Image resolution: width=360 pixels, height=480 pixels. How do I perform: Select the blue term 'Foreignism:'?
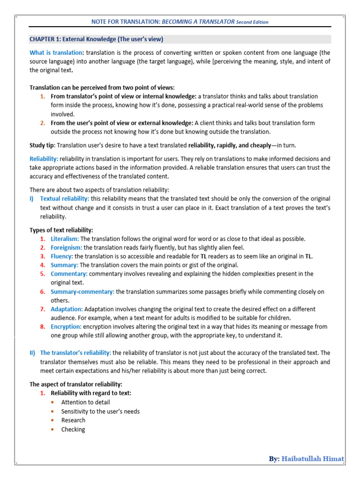(x=66, y=247)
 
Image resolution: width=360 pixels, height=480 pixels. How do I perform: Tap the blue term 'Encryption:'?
(x=66, y=327)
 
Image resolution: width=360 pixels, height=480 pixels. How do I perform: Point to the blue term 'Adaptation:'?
(x=67, y=309)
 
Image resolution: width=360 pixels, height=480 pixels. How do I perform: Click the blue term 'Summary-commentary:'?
(x=82, y=292)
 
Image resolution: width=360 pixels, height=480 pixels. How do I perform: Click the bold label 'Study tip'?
(x=43, y=146)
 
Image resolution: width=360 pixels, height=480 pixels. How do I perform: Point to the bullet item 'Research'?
(x=73, y=420)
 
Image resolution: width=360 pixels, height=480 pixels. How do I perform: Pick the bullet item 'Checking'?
(x=73, y=429)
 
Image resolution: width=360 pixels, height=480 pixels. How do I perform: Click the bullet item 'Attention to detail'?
(x=85, y=402)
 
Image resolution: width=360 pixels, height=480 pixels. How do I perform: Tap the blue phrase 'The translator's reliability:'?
(x=75, y=352)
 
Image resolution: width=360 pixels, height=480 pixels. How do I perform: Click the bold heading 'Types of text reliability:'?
(x=61, y=230)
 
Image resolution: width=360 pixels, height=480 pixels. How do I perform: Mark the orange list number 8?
(x=42, y=327)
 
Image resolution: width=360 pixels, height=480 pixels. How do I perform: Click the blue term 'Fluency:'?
(x=62, y=256)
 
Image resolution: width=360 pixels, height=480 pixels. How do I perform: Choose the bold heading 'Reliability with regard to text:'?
(x=91, y=393)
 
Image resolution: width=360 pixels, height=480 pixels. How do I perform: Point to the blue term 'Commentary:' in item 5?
(x=69, y=274)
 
